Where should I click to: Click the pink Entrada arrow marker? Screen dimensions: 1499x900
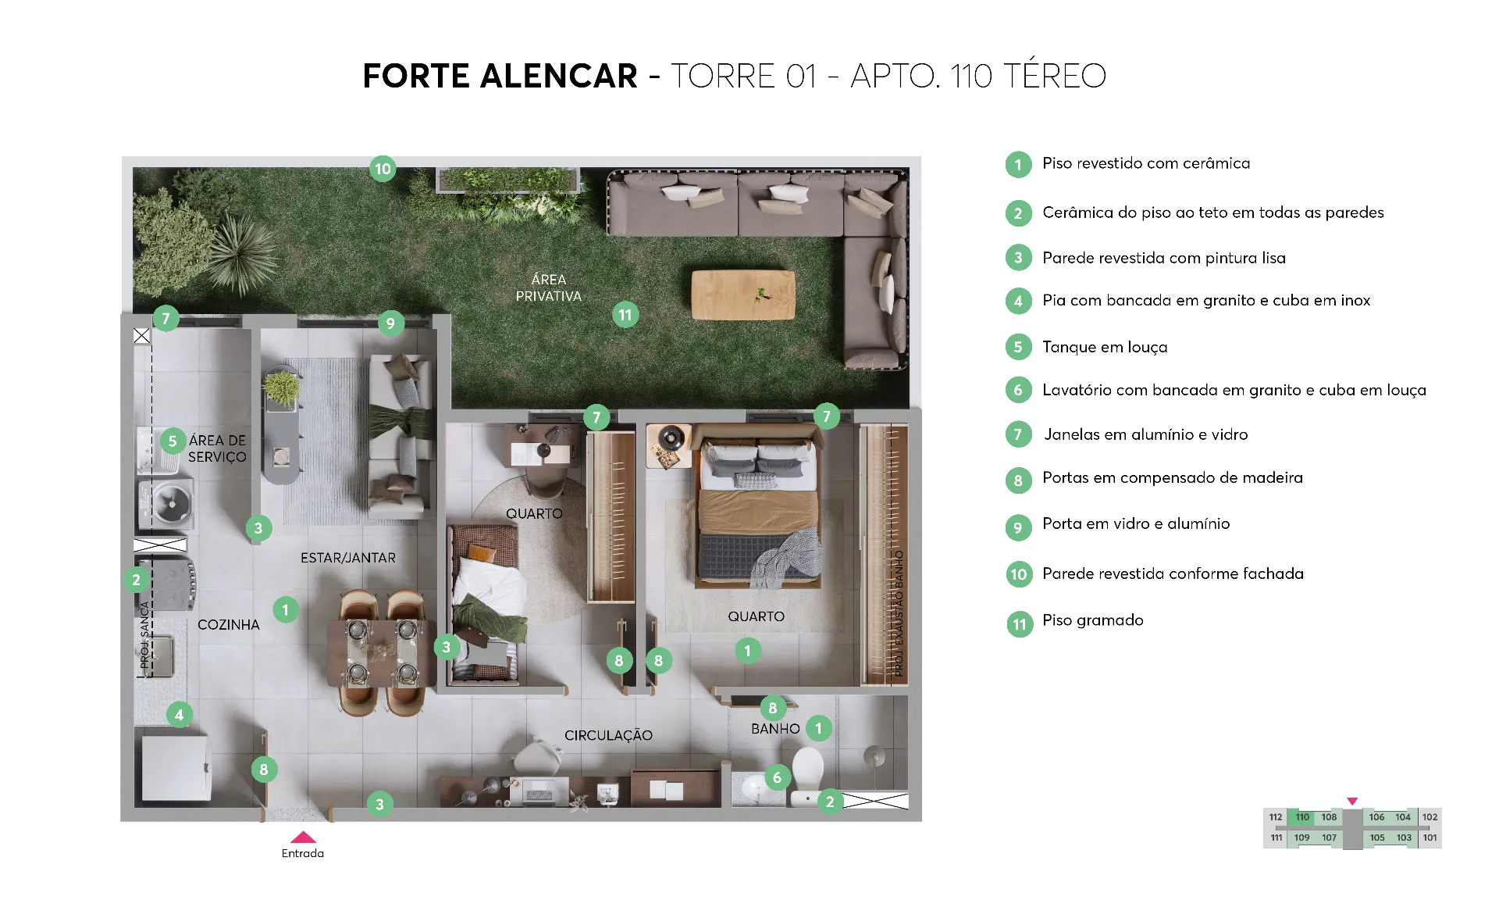pos(303,837)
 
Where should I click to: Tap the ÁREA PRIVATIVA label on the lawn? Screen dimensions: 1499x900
pos(548,287)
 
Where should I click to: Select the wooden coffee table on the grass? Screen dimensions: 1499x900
pos(743,295)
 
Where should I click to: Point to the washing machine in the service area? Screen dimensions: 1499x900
pos(166,504)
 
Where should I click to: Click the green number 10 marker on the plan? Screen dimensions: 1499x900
pos(383,169)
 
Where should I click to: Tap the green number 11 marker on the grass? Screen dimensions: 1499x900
pos(625,315)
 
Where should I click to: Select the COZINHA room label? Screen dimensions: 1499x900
pos(228,624)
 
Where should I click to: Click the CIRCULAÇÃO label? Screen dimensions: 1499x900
pos(608,735)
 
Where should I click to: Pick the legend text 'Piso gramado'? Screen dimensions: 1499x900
pos(1092,620)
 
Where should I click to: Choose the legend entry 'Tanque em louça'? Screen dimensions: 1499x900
pos(1105,347)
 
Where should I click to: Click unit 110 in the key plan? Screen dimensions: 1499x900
pos(1302,817)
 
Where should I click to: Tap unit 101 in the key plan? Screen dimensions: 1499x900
pos(1430,837)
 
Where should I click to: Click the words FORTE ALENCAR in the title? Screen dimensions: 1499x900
pos(500,76)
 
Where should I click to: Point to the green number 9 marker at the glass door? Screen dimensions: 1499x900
pos(390,323)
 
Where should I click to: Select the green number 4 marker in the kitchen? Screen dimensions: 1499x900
pos(179,714)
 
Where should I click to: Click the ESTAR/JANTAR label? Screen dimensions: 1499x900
pos(348,558)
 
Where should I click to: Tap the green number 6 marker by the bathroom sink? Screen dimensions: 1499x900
pos(777,777)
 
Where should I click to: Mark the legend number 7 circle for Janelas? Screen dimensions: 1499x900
pos(1018,434)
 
